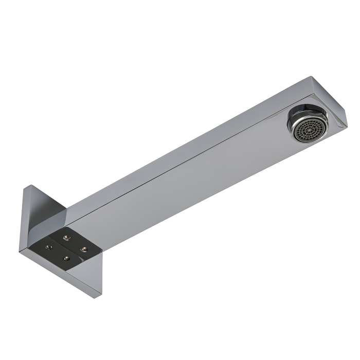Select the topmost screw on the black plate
[x=65, y=237]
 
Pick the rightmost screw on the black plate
[x=84, y=249]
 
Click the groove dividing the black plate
[x=66, y=247]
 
